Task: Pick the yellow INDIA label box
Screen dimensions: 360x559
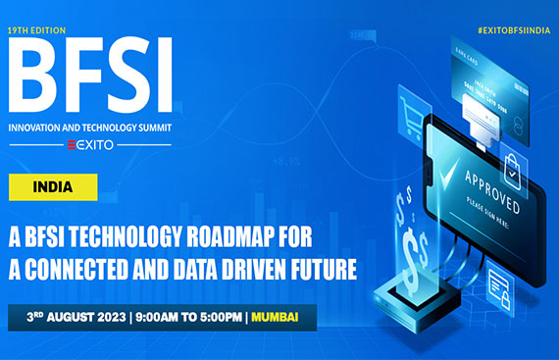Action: (x=58, y=185)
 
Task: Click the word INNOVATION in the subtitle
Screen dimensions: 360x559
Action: (x=45, y=127)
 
